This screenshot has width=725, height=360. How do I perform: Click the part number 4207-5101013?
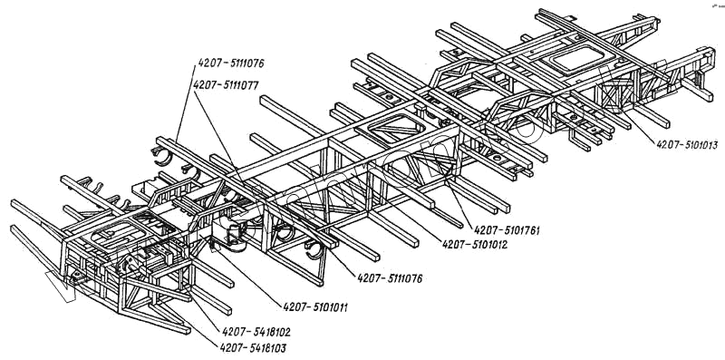tap(687, 145)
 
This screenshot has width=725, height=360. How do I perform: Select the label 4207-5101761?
tap(507, 230)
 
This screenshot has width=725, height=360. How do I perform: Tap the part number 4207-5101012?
tap(475, 244)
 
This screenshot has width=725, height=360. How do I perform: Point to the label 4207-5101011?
tap(315, 306)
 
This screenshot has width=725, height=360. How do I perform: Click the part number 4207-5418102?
tap(256, 332)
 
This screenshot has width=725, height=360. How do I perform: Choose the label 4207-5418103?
tap(253, 347)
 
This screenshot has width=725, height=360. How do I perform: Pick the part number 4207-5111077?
tap(226, 85)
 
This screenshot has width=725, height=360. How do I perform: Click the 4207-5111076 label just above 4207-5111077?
tap(231, 63)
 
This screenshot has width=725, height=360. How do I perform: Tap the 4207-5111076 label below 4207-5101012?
tap(390, 278)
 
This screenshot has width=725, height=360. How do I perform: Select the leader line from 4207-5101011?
tap(247, 273)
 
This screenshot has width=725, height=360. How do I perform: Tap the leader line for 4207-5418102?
tap(204, 308)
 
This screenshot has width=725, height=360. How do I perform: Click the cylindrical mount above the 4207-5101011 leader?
tap(236, 235)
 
